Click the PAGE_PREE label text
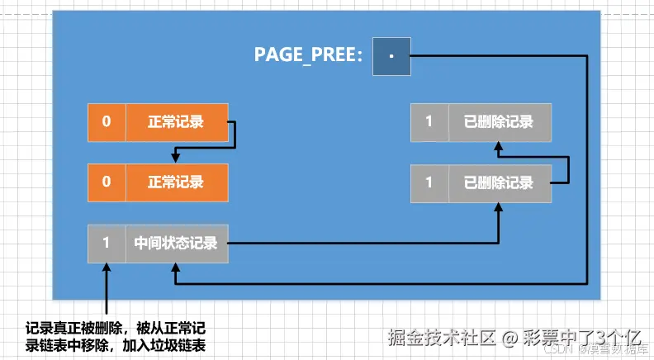pos(307,57)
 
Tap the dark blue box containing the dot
pos(391,57)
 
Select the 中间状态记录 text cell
pos(176,244)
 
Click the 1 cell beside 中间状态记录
pos(107,244)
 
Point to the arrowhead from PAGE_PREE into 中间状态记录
pos(176,270)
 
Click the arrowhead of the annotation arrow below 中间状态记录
pos(107,269)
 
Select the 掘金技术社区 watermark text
pos(441,337)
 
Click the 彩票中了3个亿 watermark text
pos(585,337)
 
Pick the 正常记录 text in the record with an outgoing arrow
pos(176,122)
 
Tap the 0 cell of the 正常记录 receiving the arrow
pos(107,182)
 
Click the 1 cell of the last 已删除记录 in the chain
pos(429,122)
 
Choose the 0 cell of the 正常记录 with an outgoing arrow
pos(107,122)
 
